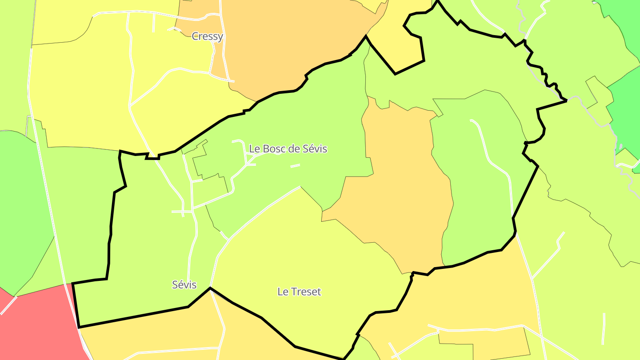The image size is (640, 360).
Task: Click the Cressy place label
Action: (207, 36)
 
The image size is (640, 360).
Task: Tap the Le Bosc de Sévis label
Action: (288, 149)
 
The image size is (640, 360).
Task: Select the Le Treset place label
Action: (299, 292)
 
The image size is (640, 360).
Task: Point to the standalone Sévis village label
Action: (184, 285)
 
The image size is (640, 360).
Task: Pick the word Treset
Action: (306, 292)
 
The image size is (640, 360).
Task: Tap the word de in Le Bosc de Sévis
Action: (295, 149)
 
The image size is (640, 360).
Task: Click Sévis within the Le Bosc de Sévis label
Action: (315, 149)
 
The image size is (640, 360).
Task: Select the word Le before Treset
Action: (282, 292)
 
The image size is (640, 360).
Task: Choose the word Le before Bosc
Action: (254, 149)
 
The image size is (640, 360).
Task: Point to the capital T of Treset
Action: (293, 292)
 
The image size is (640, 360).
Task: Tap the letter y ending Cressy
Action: (220, 37)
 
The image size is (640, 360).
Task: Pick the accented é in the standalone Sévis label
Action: (180, 285)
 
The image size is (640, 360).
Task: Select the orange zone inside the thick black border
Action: (400, 191)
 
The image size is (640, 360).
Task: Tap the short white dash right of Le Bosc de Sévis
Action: (295, 166)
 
